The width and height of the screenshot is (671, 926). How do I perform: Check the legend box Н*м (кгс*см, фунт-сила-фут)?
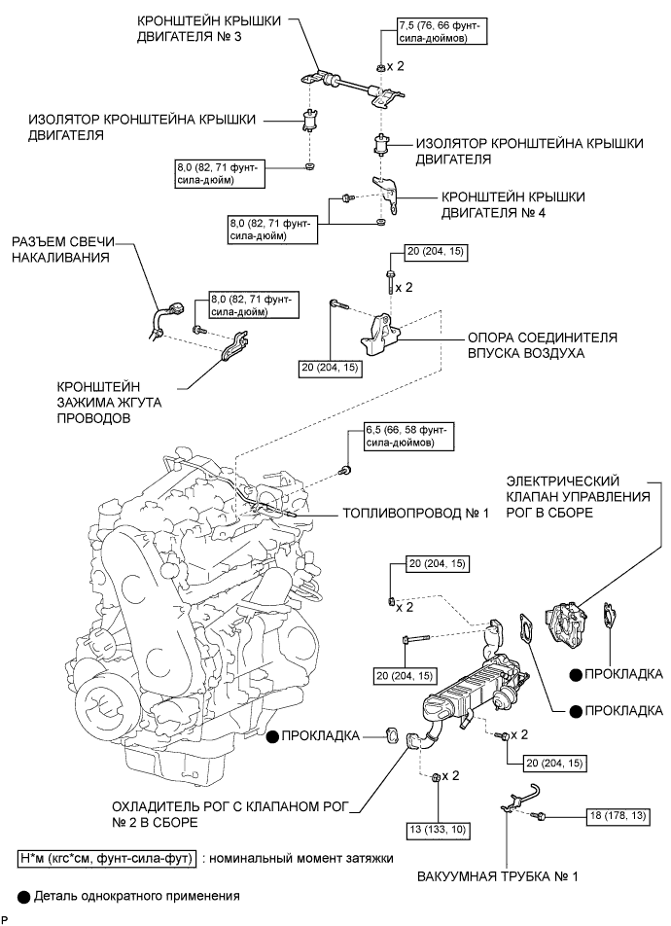(x=107, y=858)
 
